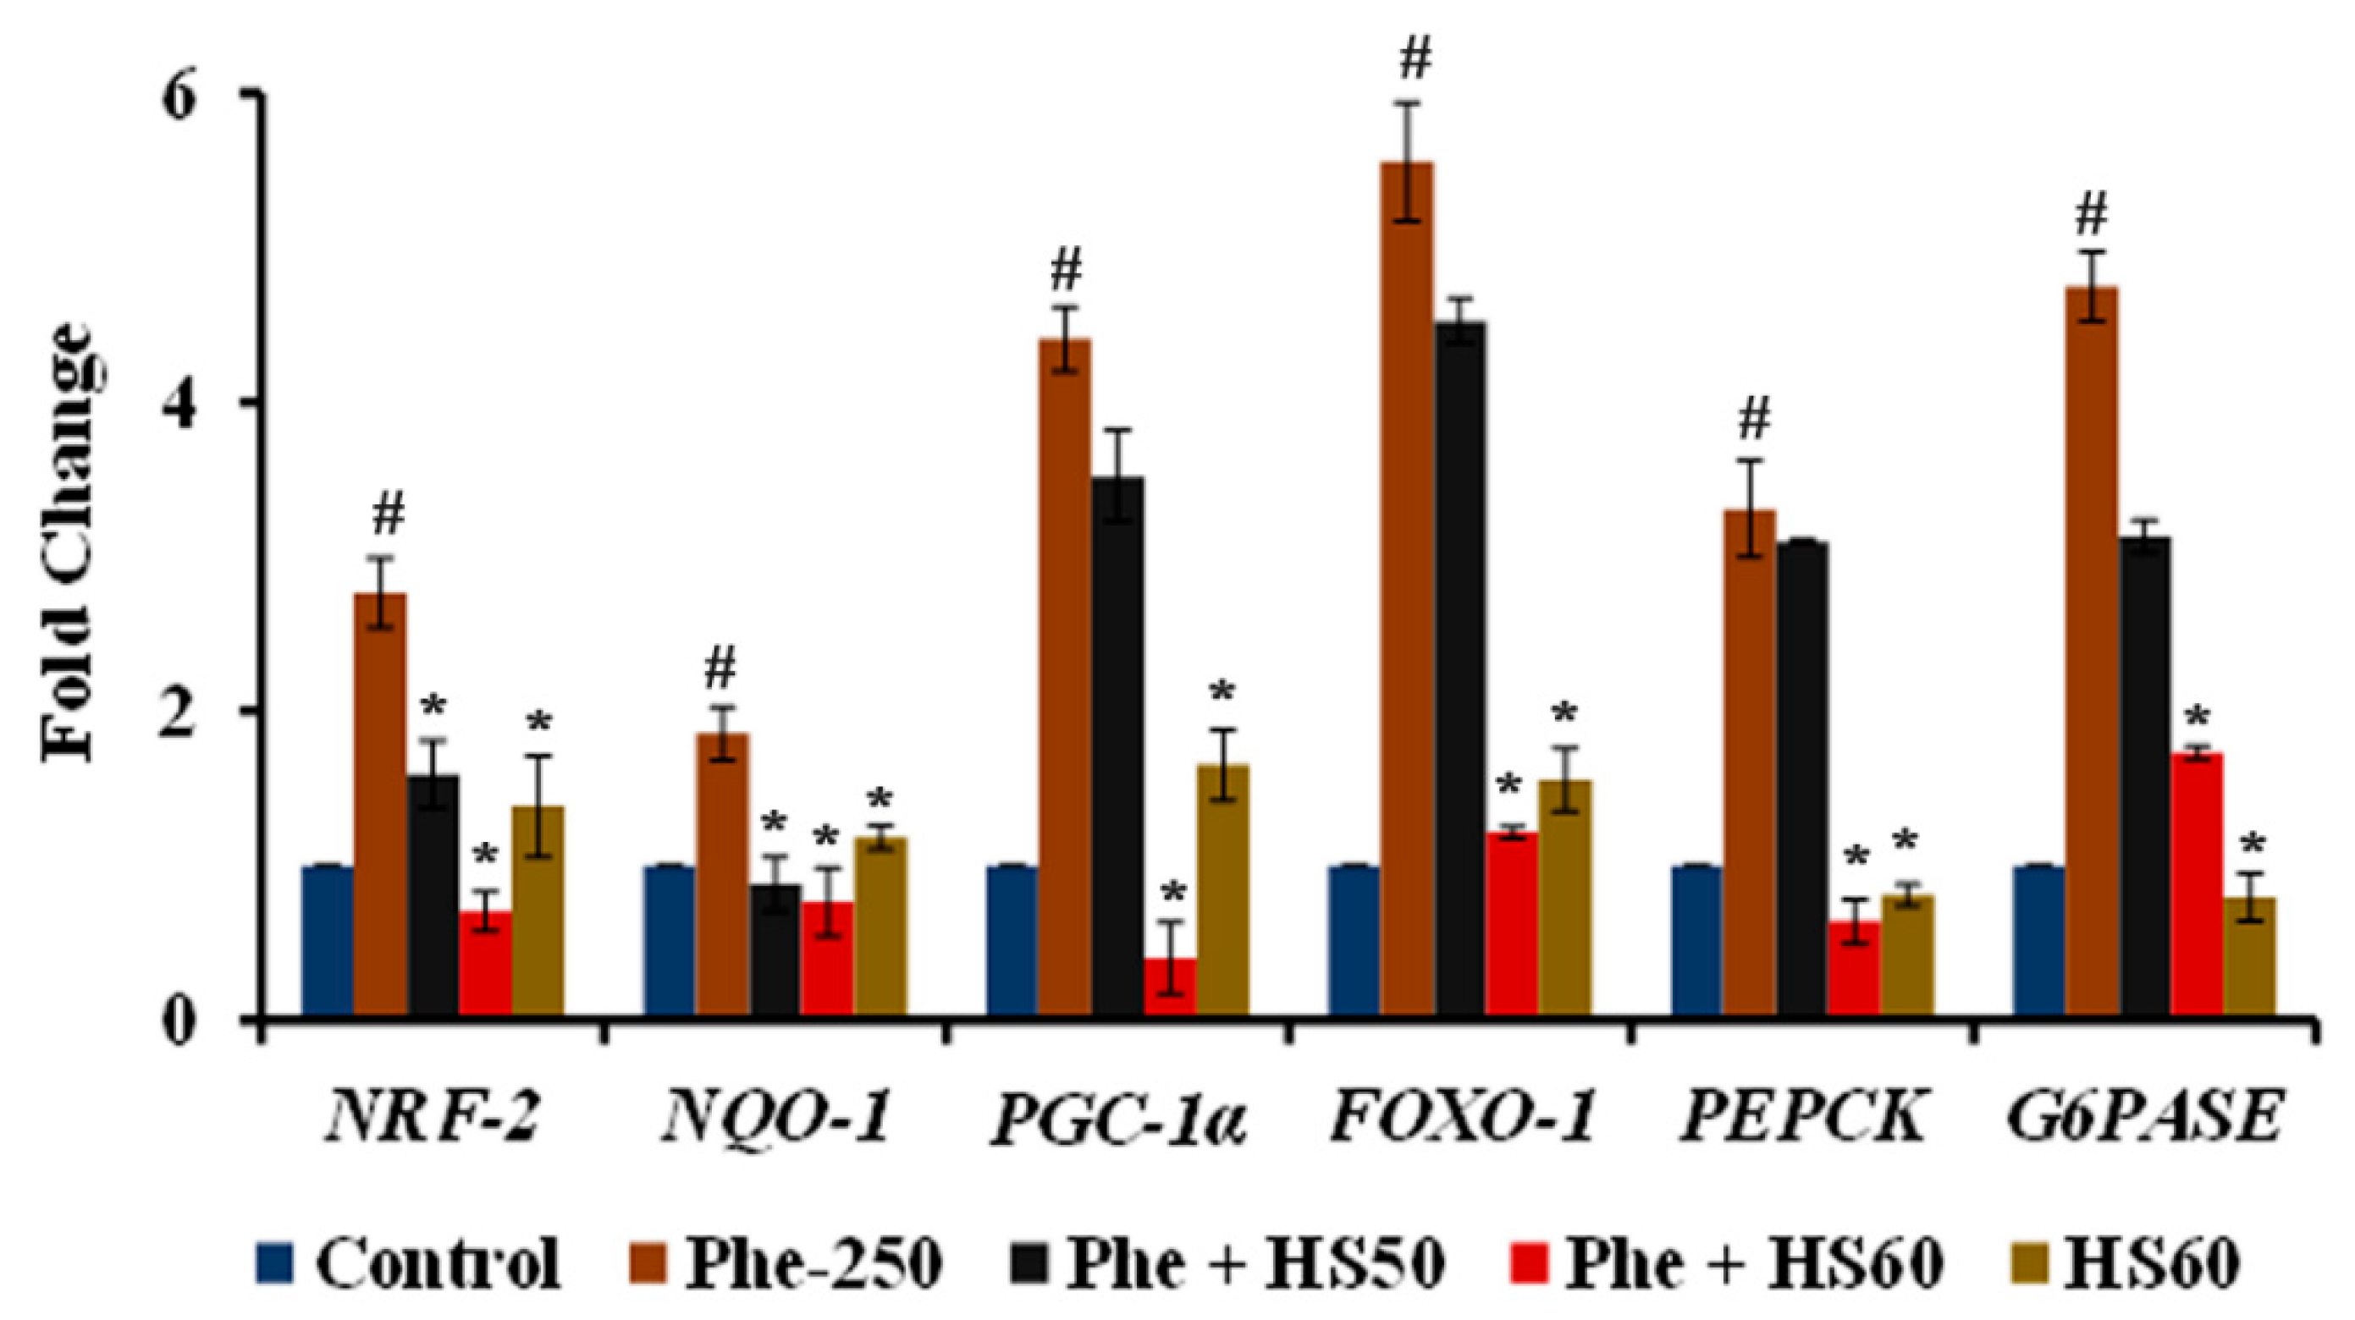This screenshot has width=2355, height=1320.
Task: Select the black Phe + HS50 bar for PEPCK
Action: (1802, 777)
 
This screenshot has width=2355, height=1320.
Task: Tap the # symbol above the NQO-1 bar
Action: (720, 671)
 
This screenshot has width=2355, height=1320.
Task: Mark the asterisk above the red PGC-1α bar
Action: (1173, 891)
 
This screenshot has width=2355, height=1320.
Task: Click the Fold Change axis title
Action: (69, 544)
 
